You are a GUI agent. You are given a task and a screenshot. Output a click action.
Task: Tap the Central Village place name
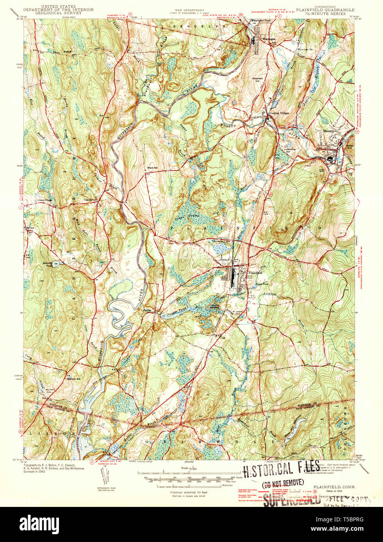pyautogui.click(x=279, y=113)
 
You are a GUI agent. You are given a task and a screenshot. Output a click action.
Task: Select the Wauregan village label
pyautogui.click(x=268, y=40)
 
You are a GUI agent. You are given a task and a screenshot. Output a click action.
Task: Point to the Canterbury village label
pyautogui.click(x=91, y=200)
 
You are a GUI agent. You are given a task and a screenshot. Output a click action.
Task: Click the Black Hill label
pyautogui.click(x=152, y=168)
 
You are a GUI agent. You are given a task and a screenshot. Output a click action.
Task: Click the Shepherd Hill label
pyautogui.click(x=257, y=80)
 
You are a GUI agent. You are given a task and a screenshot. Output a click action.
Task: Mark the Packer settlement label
pyautogui.click(x=147, y=310)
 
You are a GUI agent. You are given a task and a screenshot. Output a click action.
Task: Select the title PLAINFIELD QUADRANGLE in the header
pyautogui.click(x=325, y=10)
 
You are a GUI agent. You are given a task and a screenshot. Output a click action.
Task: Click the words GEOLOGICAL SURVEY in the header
pyautogui.click(x=58, y=13)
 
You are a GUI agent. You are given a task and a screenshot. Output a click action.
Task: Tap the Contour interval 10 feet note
pyautogui.click(x=189, y=492)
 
